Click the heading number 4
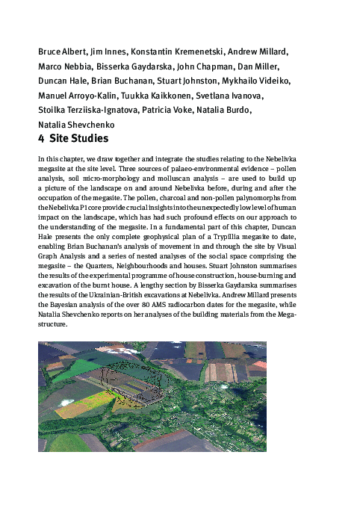coord(41,139)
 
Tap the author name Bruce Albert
coord(60,52)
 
